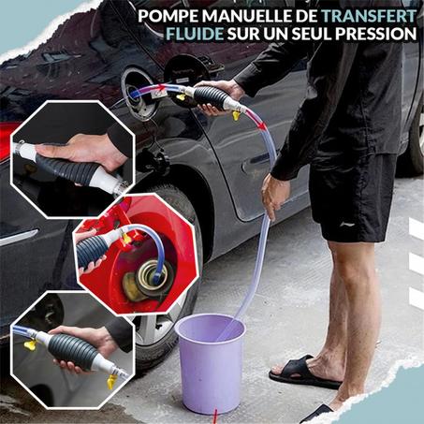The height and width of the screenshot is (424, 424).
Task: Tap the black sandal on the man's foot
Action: coord(305,373)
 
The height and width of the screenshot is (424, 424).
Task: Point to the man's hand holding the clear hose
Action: coord(273,194)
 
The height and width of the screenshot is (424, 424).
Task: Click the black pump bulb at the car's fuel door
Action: coord(209,96)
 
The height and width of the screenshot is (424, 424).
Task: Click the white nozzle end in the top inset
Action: coord(115,183)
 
